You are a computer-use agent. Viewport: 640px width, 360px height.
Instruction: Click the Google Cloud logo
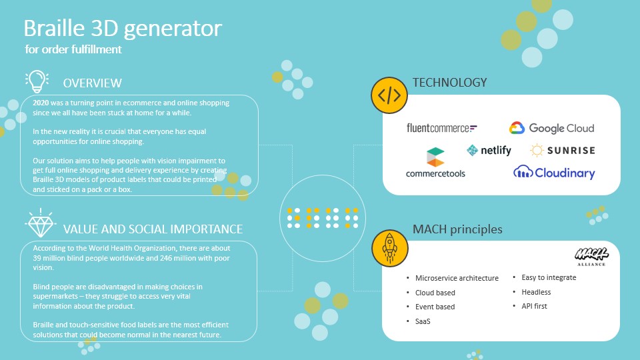[x=551, y=128]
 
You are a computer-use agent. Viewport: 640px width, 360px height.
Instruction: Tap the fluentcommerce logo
[x=441, y=128]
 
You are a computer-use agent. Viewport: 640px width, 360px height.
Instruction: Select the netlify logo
[x=489, y=150]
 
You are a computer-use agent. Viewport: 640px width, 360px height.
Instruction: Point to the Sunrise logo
[x=563, y=150]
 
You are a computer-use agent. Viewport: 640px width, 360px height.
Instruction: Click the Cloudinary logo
[x=554, y=172]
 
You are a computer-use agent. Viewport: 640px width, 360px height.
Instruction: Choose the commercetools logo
[x=435, y=163]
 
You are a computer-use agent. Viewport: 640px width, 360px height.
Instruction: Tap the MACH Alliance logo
[x=591, y=257]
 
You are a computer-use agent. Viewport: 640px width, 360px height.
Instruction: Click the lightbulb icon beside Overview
[x=37, y=81]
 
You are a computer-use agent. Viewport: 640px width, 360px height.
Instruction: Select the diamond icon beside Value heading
[x=41, y=223]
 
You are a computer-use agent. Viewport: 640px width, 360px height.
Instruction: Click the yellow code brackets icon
[x=389, y=95]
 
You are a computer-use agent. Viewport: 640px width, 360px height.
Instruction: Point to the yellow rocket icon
[x=389, y=248]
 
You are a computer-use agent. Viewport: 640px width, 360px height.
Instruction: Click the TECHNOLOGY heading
[x=449, y=83]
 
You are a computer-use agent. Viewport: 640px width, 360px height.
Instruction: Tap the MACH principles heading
[x=457, y=229]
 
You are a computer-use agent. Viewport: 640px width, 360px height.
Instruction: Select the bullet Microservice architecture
[x=457, y=278]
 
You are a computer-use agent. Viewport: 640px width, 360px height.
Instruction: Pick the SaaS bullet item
[x=423, y=321]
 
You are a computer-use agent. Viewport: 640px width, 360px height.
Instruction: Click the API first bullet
[x=534, y=306]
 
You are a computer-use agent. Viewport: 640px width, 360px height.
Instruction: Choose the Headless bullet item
[x=536, y=292]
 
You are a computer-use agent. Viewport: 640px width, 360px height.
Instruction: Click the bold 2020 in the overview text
[x=41, y=103]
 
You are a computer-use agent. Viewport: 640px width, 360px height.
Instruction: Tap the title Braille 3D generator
[x=123, y=28]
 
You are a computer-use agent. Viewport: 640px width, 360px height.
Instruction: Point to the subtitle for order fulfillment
[x=73, y=49]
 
